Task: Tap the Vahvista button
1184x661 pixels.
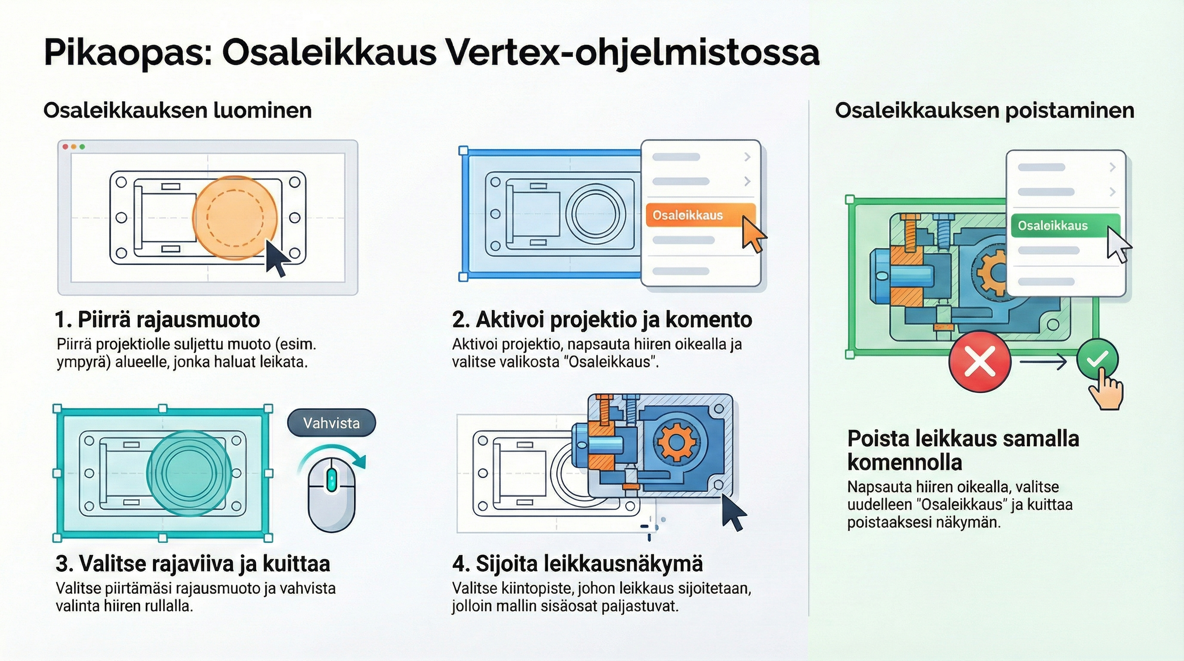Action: pos(331,423)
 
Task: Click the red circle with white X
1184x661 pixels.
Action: pos(980,361)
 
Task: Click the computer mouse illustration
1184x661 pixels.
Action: pos(331,494)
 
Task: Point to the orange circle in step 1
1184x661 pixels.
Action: pos(235,217)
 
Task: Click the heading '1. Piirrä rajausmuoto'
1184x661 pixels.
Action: pos(157,319)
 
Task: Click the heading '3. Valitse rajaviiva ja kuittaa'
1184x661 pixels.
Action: pos(193,564)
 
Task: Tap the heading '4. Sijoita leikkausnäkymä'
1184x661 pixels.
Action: pos(577,564)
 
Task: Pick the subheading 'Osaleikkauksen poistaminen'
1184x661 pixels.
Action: pos(984,111)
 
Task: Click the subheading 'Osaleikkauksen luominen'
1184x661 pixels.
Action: pos(177,111)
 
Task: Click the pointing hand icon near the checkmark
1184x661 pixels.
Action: pos(1105,392)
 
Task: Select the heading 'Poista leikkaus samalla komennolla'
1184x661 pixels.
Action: pos(962,451)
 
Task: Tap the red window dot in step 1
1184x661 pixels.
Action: pos(65,147)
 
